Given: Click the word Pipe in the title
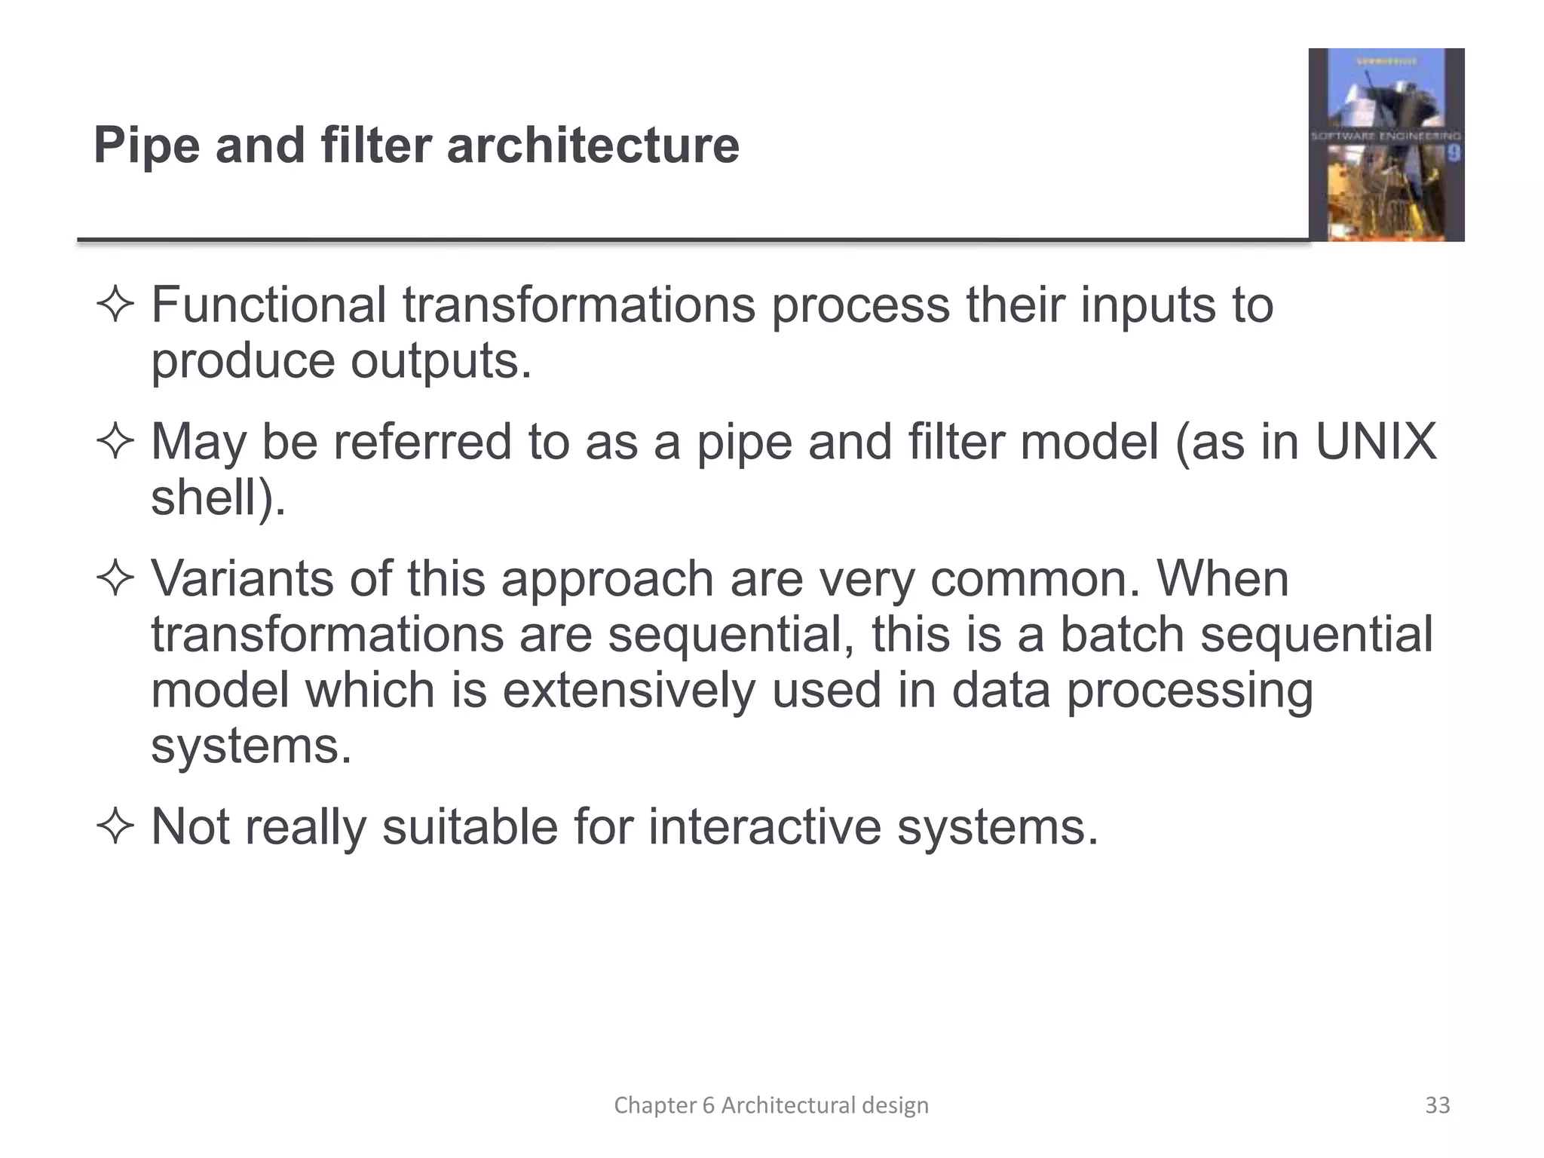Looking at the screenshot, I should click(146, 146).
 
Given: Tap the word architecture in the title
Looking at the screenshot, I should click(593, 146).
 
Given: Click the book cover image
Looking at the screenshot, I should click(1386, 145).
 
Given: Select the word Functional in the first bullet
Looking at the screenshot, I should click(269, 305).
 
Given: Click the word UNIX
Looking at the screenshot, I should click(1376, 442).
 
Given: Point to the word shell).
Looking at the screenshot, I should click(219, 498).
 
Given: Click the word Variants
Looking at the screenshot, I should click(242, 579).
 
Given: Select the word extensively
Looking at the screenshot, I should click(628, 691).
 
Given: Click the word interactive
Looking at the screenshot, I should click(764, 827).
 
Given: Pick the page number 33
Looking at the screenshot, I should click(1437, 1105).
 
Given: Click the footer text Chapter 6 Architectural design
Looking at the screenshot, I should click(771, 1105).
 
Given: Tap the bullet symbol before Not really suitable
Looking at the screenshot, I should click(115, 827).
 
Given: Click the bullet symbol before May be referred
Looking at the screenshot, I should click(115, 442).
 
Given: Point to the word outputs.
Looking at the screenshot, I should click(441, 361).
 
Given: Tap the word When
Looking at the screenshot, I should click(1223, 579).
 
